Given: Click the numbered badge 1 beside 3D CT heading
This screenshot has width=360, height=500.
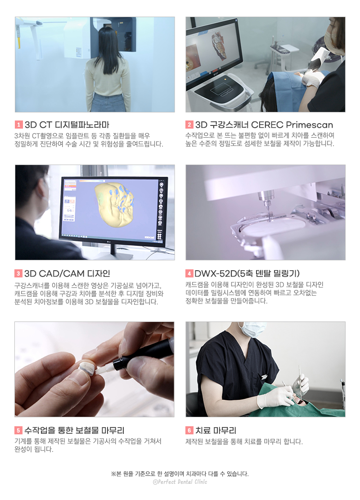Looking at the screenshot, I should click(x=18, y=125).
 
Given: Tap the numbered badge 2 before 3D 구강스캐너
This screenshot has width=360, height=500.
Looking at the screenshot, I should click(x=189, y=125).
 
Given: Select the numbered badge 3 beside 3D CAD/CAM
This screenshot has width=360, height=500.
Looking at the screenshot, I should click(x=18, y=274).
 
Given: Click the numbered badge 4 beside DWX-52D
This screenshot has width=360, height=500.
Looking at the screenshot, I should click(x=189, y=274).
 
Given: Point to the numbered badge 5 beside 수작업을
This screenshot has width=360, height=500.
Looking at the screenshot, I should click(x=18, y=431).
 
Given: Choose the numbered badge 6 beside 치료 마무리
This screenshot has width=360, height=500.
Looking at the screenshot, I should click(x=189, y=431).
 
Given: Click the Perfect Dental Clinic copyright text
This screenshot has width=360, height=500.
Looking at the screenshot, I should click(x=180, y=482).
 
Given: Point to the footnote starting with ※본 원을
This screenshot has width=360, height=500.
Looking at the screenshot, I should click(x=180, y=473).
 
